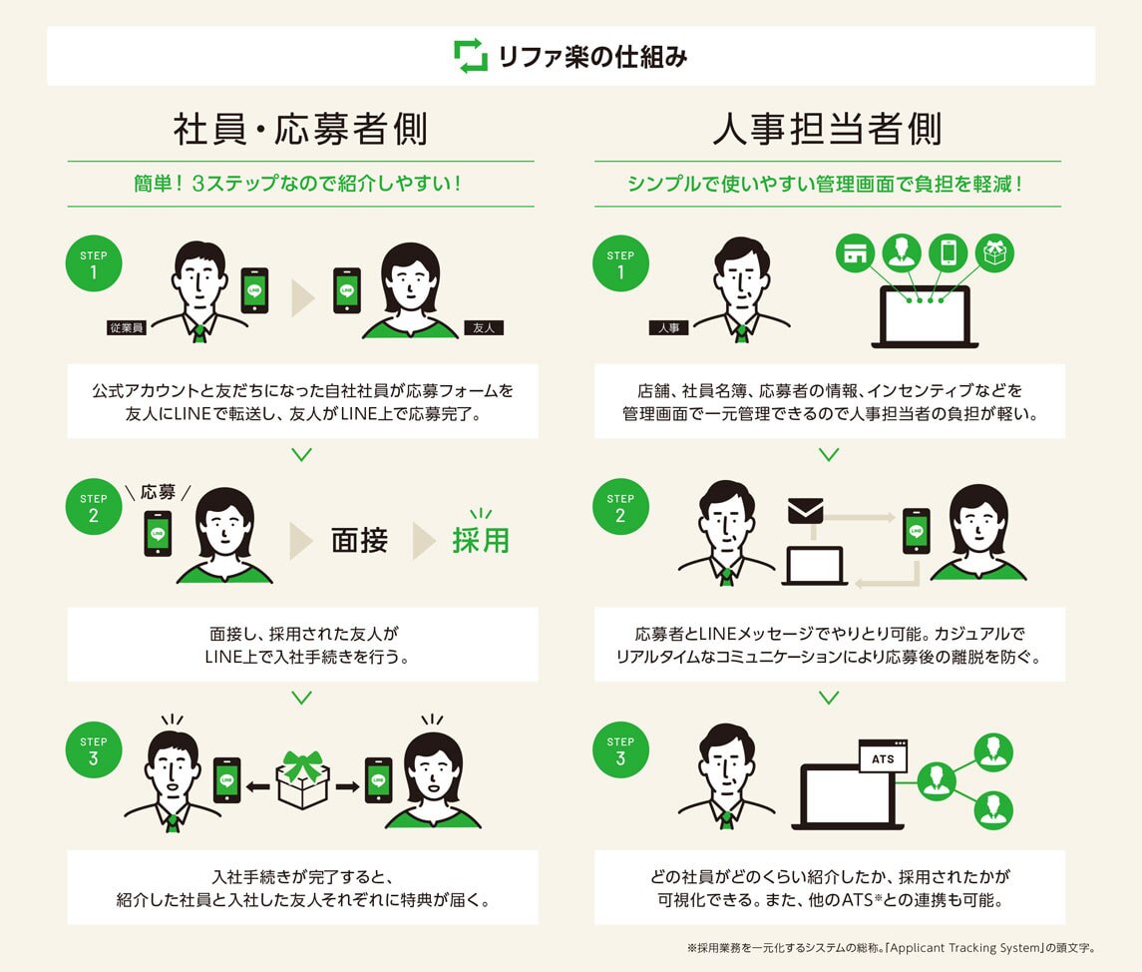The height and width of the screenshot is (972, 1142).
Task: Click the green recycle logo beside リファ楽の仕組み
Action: coord(470,56)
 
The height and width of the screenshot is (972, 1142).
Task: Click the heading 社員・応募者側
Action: coord(300,130)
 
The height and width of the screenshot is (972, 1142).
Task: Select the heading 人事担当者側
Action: coord(828,130)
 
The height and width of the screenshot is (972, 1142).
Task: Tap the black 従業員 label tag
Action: coord(127,326)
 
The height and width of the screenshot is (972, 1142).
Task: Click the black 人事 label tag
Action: coord(668,326)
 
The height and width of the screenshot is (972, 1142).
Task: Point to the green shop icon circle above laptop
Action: coord(855,252)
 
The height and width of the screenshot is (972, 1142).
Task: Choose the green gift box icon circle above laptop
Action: coord(993,252)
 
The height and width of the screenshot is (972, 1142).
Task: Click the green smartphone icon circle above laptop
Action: coord(948,252)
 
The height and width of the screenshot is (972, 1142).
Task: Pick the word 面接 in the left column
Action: coord(359,541)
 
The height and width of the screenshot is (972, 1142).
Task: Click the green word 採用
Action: coord(481,541)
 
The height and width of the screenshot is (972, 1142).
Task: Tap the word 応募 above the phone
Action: coord(158,492)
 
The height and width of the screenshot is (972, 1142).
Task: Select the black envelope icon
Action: coord(805,511)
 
